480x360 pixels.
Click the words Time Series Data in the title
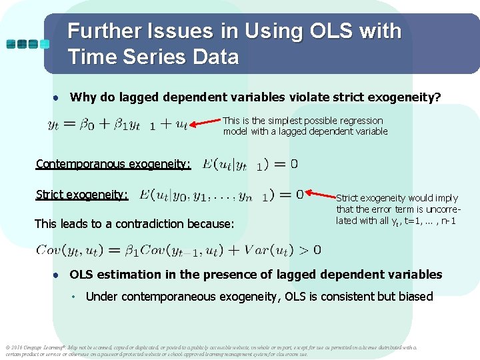click(x=153, y=57)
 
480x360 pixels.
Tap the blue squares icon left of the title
click(x=27, y=44)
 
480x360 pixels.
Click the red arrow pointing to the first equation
click(x=205, y=123)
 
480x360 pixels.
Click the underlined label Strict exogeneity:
click(x=82, y=195)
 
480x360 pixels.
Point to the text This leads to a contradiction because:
click(x=134, y=224)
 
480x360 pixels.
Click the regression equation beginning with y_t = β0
click(x=118, y=125)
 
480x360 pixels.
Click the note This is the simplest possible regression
click(x=303, y=121)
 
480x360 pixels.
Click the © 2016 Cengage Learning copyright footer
click(x=40, y=347)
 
